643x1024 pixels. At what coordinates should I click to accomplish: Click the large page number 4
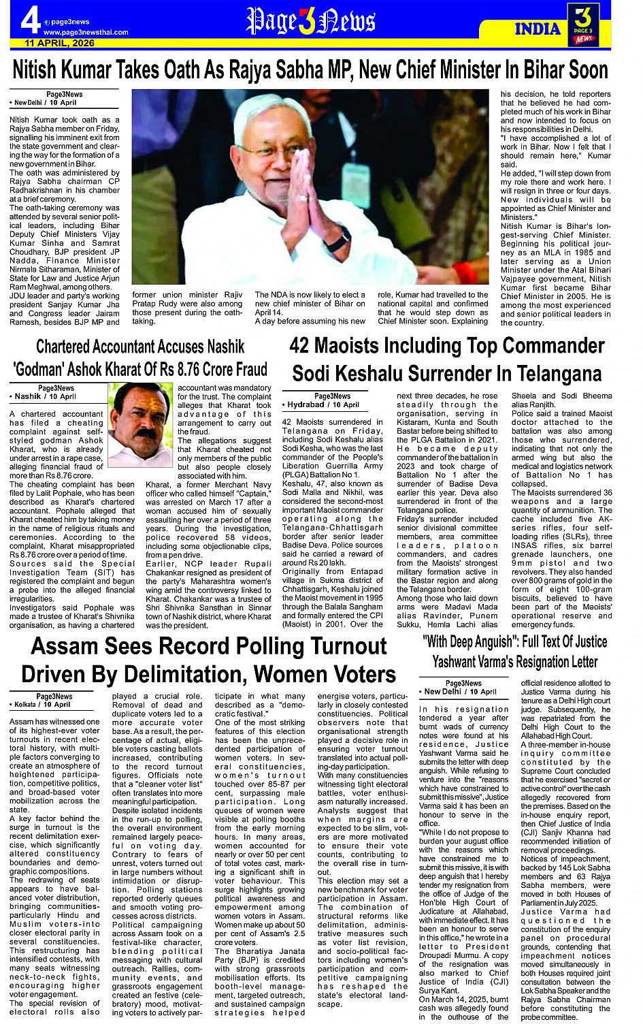(29, 21)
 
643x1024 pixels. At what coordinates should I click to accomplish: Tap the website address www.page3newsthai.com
(86, 32)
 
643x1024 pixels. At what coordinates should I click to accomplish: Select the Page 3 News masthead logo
(310, 21)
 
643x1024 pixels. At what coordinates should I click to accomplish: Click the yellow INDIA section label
(538, 29)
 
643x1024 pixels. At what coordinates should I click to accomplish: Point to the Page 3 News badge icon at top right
(584, 24)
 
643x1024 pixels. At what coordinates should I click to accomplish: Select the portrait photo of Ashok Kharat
(141, 423)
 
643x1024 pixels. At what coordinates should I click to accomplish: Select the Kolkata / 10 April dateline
(42, 705)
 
